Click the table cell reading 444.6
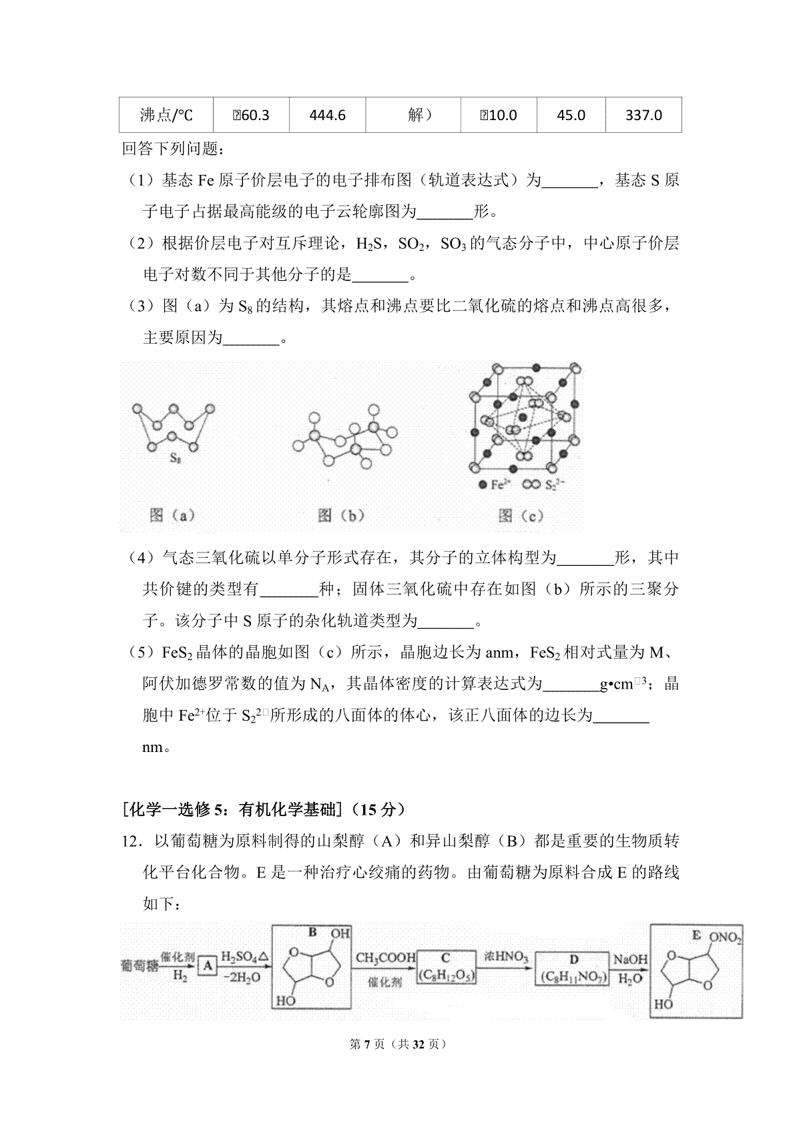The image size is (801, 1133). [x=327, y=115]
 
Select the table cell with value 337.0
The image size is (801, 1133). [x=643, y=115]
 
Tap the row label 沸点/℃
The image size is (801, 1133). [x=166, y=115]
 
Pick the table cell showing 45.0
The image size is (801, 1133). [x=571, y=115]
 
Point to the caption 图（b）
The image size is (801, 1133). [x=341, y=515]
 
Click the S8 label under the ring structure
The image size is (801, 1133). [x=175, y=458]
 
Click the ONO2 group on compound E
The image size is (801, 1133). [x=725, y=937]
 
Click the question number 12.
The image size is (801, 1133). [x=131, y=841]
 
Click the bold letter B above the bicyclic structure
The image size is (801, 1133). [x=312, y=933]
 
